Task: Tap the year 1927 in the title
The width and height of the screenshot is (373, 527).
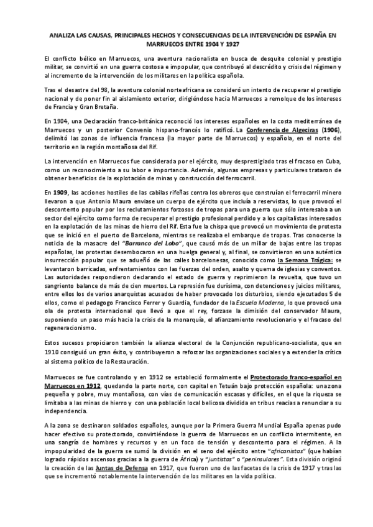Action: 231,45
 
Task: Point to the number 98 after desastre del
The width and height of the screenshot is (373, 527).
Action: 88,89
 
